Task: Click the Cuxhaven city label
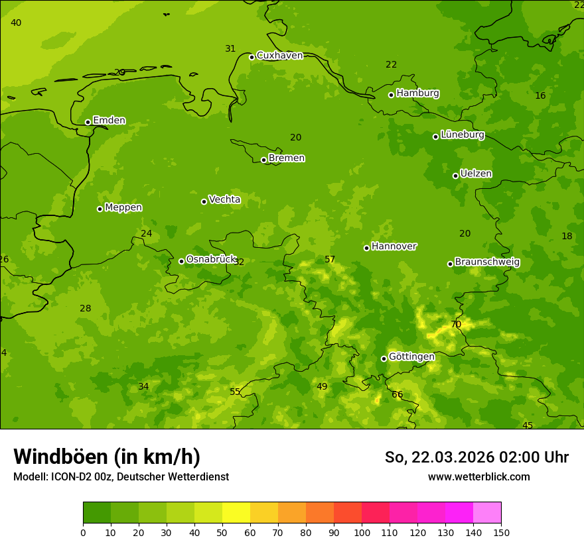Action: click(279, 56)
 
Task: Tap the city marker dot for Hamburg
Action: click(392, 95)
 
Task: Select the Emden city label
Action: click(109, 121)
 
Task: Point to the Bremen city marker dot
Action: click(263, 160)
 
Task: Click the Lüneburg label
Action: click(462, 135)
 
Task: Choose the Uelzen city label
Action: click(476, 174)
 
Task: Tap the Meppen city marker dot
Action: click(100, 209)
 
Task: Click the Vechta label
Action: click(224, 199)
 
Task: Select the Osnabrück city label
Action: click(210, 259)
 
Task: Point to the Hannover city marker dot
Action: click(366, 248)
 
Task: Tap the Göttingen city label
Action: click(411, 357)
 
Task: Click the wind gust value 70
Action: click(456, 325)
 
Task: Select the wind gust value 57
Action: click(330, 259)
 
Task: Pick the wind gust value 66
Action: click(397, 395)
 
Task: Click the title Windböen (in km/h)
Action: click(107, 457)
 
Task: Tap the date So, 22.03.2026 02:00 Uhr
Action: click(476, 457)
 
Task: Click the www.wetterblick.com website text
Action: click(478, 477)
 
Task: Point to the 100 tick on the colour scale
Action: click(362, 532)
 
